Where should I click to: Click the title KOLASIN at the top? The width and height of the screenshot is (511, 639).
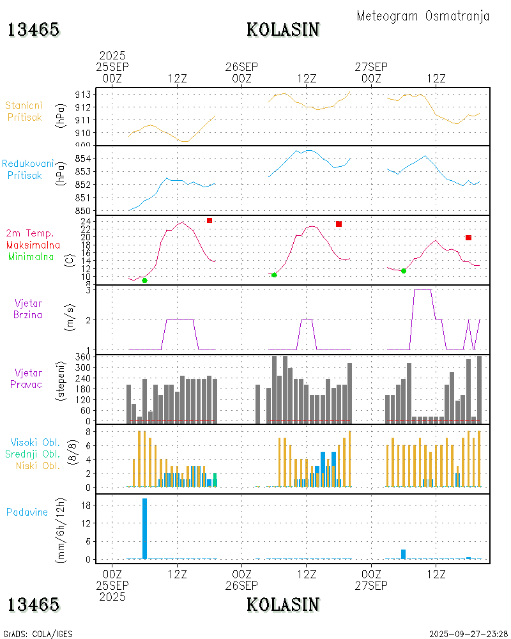click(283, 29)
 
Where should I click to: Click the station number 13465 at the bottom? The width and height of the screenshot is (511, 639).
click(33, 604)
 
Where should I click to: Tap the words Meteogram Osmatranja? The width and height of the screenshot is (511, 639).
click(423, 16)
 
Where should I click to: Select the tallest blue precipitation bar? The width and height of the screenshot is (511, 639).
click(145, 528)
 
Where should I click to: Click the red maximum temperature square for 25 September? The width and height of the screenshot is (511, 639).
click(210, 220)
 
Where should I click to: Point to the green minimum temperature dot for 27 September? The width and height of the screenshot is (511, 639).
click(404, 271)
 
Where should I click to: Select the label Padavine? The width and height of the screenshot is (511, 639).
click(27, 512)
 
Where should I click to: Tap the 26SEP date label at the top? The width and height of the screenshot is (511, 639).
click(241, 66)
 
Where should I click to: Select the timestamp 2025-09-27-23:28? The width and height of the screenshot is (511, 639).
click(469, 634)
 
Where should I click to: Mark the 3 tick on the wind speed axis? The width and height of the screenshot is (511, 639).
click(88, 289)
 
